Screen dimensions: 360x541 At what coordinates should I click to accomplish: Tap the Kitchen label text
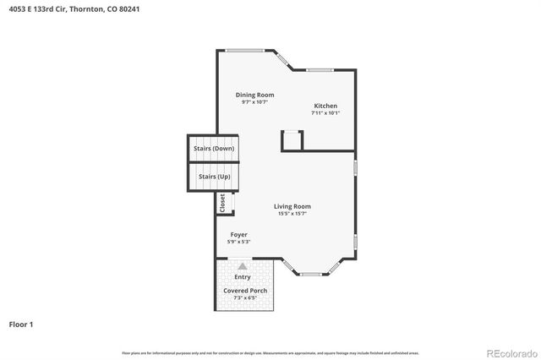325,106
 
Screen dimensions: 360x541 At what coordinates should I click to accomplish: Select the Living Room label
292,206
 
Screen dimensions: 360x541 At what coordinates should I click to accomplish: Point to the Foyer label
238,234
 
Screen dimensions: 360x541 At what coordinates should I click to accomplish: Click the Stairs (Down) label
213,149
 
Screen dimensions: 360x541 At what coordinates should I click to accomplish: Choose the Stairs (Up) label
213,177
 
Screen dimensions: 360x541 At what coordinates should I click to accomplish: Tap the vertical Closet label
222,203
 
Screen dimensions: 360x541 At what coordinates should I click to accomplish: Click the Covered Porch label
245,291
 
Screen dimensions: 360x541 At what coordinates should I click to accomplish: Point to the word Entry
243,277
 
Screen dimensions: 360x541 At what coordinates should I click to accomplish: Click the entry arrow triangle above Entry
243,265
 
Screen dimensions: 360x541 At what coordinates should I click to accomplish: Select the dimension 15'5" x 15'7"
292,214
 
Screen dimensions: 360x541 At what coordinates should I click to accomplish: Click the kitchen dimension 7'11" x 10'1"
325,113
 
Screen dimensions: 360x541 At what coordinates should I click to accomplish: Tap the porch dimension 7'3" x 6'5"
245,298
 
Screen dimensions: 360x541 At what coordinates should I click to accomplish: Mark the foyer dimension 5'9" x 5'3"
238,242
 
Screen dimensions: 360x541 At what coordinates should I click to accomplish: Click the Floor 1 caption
21,324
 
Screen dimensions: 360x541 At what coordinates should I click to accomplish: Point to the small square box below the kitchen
292,140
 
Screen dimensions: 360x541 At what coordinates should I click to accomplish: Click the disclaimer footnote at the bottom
270,352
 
